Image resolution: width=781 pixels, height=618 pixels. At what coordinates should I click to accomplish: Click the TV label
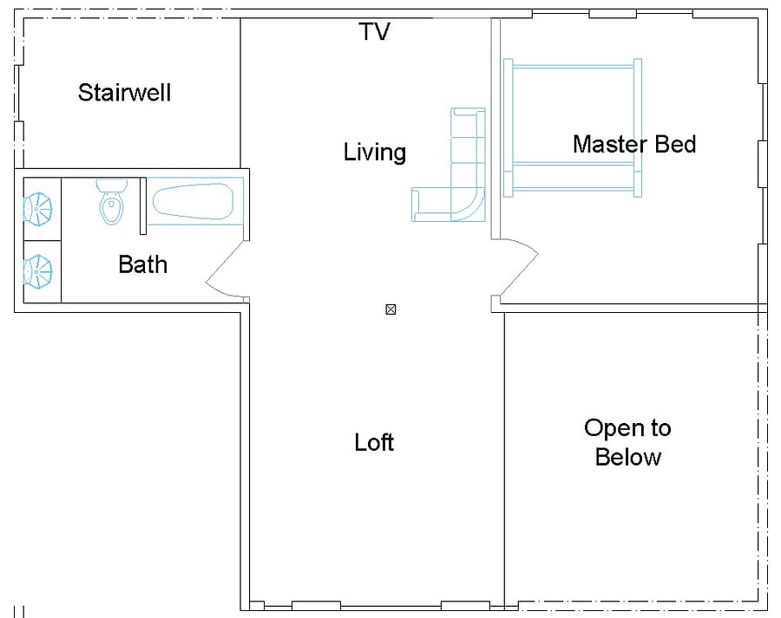[x=374, y=31]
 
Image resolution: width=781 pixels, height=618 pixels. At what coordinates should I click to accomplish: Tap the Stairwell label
[x=124, y=93]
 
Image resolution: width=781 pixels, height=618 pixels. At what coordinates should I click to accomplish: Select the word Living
[x=375, y=153]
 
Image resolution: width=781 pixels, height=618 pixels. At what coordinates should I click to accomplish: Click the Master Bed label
[x=634, y=144]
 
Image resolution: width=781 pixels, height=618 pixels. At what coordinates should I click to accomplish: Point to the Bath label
[x=142, y=264]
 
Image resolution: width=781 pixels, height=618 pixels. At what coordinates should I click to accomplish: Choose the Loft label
[x=374, y=442]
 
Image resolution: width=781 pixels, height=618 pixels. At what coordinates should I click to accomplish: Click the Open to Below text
[x=627, y=442]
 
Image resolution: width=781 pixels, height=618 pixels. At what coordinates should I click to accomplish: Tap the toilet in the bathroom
[x=112, y=201]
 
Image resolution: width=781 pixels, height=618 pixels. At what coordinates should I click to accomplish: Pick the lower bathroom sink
[x=37, y=271]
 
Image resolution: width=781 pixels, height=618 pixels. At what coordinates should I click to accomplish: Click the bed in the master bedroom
[x=573, y=127]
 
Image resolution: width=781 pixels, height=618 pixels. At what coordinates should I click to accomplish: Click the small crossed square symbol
[x=391, y=309]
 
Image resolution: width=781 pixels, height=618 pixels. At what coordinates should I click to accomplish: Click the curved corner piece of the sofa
[x=468, y=204]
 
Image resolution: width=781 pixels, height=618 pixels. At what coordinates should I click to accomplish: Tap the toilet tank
[x=112, y=185]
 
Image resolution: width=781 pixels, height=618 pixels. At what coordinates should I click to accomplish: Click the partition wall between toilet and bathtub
[x=143, y=205]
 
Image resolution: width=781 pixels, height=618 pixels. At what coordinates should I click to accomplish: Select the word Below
[x=628, y=457]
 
